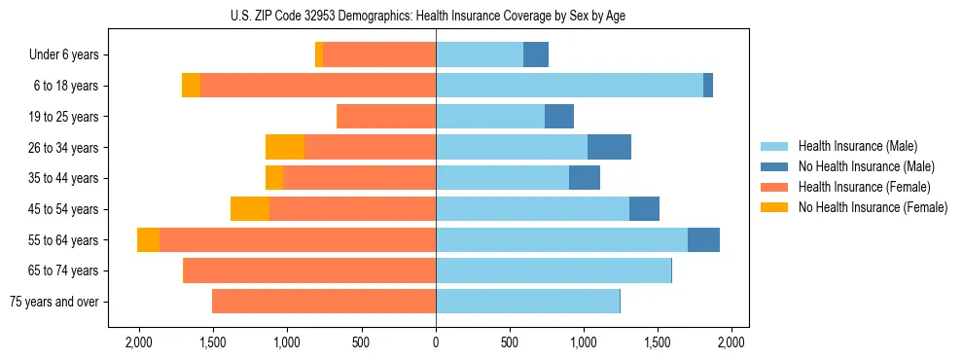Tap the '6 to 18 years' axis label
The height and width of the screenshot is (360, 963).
tap(65, 86)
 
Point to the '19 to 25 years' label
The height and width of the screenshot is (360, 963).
tap(63, 117)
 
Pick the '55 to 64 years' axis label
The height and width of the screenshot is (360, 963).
tap(63, 240)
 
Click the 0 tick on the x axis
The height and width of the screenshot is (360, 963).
tap(436, 342)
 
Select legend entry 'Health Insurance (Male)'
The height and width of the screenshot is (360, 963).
tap(857, 146)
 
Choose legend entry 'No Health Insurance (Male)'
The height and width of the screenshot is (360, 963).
tap(865, 166)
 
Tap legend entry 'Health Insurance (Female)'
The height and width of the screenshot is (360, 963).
tap(864, 187)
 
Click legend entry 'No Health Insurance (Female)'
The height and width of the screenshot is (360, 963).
tap(872, 207)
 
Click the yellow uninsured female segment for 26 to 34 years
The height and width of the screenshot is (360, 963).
tap(285, 147)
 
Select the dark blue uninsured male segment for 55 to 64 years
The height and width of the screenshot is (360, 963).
tap(703, 240)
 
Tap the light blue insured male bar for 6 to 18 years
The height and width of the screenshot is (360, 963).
tap(569, 86)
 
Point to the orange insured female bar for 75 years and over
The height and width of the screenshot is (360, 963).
tap(324, 302)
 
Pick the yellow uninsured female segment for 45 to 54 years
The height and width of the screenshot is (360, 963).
tap(250, 209)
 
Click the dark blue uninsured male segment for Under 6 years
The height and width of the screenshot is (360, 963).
tap(536, 55)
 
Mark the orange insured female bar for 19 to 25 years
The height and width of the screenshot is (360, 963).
tap(386, 117)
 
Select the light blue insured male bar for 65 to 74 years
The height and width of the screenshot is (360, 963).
tap(553, 270)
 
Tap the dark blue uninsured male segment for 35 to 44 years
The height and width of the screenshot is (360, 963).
tap(585, 178)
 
